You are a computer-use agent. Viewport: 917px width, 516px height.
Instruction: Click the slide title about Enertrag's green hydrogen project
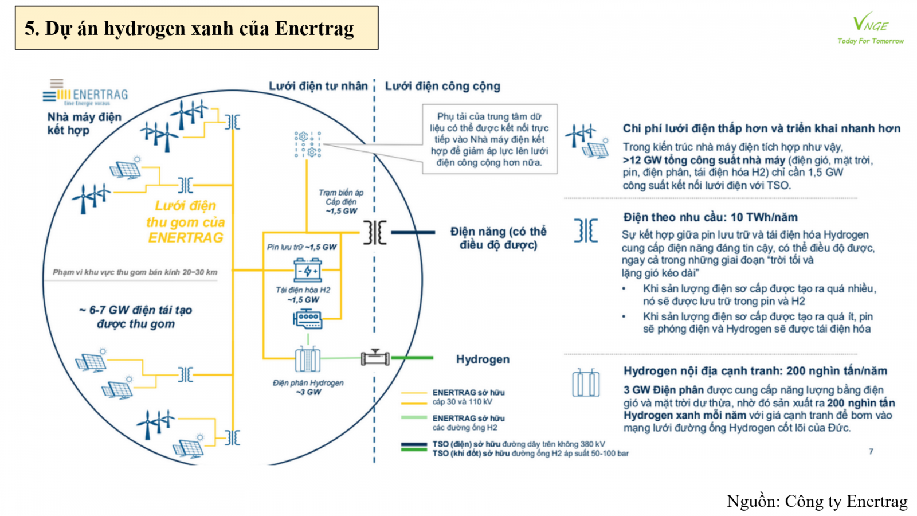click(x=189, y=28)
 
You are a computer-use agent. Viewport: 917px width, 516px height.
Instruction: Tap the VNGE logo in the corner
click(x=870, y=29)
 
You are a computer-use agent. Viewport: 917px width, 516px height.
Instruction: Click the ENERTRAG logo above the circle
click(x=86, y=95)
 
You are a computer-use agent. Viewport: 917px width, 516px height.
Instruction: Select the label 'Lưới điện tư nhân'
click(x=318, y=86)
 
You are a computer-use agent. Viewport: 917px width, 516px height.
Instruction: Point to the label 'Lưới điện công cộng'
click(x=442, y=86)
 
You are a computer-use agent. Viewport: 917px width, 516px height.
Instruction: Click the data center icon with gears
click(x=308, y=144)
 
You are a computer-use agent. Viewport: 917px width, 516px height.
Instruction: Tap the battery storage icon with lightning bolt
click(x=308, y=269)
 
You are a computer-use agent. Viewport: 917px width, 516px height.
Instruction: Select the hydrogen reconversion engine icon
click(x=308, y=319)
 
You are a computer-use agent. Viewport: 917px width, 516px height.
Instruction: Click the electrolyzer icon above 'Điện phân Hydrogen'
click(x=308, y=359)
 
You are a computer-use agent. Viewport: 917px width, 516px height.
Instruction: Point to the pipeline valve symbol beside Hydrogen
click(x=375, y=358)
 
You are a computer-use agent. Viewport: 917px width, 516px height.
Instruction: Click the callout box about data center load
click(x=489, y=139)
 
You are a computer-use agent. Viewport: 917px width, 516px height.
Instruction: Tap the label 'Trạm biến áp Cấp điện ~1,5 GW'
click(x=342, y=202)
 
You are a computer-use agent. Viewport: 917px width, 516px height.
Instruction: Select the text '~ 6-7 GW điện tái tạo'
click(x=136, y=310)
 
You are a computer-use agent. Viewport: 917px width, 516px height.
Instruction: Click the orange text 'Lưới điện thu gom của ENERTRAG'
click(x=185, y=221)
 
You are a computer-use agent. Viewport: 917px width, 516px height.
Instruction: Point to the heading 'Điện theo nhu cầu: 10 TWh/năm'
click(x=710, y=217)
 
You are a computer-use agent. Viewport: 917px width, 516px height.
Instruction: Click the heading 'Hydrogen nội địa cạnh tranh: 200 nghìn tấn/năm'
click(x=755, y=371)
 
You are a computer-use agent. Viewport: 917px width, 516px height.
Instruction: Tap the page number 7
click(x=871, y=452)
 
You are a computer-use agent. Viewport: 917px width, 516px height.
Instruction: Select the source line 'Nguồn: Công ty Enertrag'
click(x=817, y=501)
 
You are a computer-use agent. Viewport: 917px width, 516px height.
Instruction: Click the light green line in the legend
click(x=414, y=418)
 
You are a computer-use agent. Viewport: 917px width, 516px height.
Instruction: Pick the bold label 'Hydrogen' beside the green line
click(x=483, y=359)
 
